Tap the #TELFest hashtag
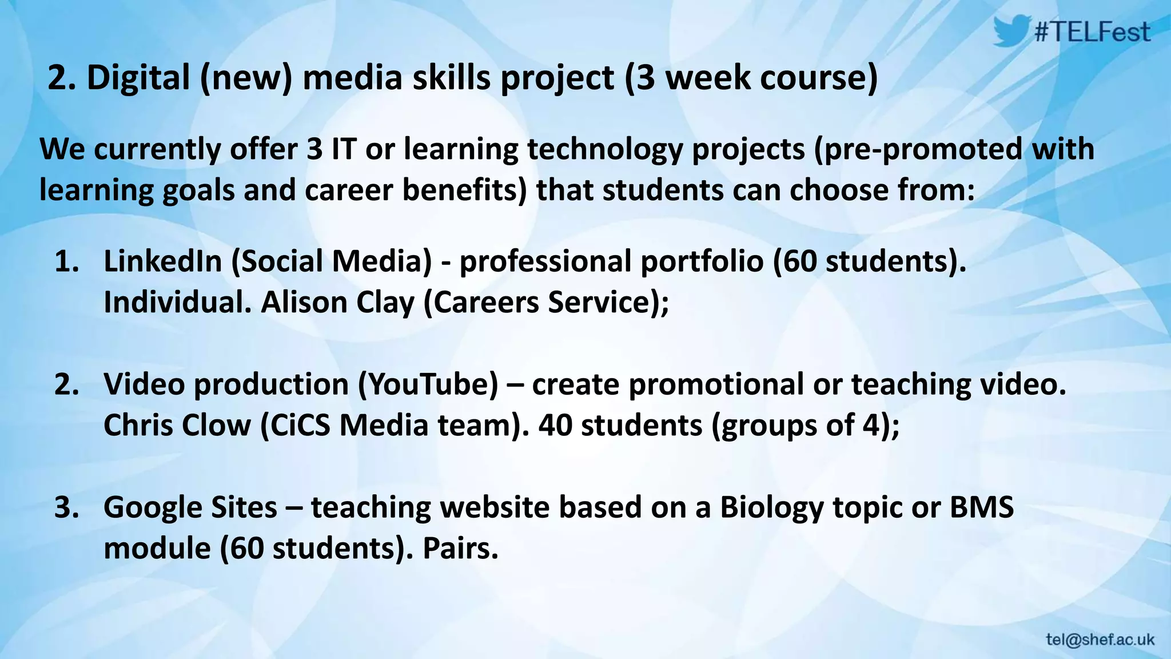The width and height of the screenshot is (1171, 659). pos(1093,32)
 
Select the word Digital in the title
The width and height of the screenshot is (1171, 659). pos(138,78)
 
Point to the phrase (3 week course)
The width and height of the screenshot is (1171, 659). pos(751,78)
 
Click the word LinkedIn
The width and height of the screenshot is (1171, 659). pos(162,261)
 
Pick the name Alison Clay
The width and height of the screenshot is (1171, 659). pos(337,303)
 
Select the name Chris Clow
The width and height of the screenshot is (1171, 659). pos(177,426)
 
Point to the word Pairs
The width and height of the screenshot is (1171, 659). pos(460,549)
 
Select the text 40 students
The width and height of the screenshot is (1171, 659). pos(620,426)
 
